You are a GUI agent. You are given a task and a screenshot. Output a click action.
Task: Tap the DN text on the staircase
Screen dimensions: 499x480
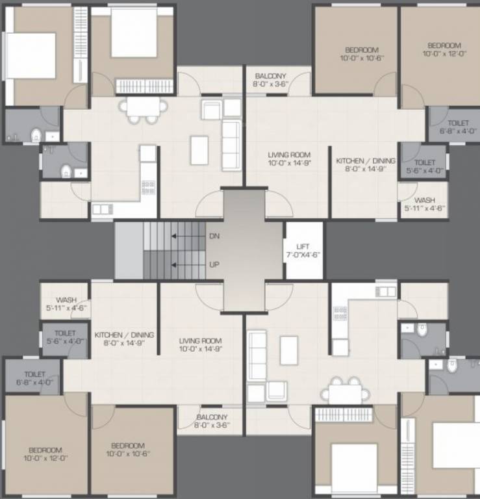click(214, 237)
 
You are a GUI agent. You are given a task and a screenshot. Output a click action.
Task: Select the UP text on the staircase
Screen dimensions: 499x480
click(214, 264)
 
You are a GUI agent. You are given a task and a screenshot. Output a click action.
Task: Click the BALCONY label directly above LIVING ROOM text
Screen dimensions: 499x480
click(270, 80)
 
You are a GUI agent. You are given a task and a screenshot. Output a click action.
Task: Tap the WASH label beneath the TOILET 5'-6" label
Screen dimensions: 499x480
click(425, 205)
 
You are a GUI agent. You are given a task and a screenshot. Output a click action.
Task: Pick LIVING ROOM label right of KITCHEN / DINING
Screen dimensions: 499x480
click(201, 345)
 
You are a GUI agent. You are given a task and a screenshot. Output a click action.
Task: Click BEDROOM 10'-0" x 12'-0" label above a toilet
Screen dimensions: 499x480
click(444, 49)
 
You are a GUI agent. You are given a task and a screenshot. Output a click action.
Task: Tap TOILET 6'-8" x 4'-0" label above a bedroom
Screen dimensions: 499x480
click(34, 378)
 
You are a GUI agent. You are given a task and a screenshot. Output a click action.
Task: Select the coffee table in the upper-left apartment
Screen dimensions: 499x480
click(199, 150)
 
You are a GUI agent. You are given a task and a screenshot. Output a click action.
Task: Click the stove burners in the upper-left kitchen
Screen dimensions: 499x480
click(148, 187)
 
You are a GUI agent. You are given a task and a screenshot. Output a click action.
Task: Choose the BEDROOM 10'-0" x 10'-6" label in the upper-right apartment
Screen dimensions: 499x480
click(361, 54)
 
